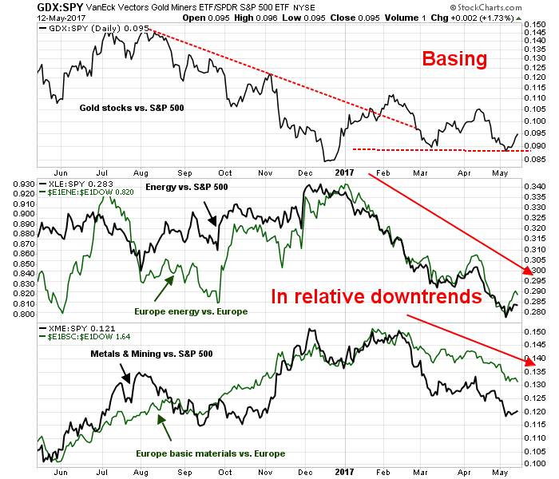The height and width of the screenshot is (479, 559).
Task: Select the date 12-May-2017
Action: (x=30, y=18)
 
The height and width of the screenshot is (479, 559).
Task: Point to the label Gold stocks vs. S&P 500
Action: (x=131, y=107)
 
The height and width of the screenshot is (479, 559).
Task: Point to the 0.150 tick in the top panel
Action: (x=536, y=25)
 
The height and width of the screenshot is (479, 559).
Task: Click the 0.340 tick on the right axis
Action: (x=536, y=186)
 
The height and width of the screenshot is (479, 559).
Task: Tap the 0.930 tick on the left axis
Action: (x=22, y=183)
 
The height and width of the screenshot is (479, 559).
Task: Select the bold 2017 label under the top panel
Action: (x=344, y=172)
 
